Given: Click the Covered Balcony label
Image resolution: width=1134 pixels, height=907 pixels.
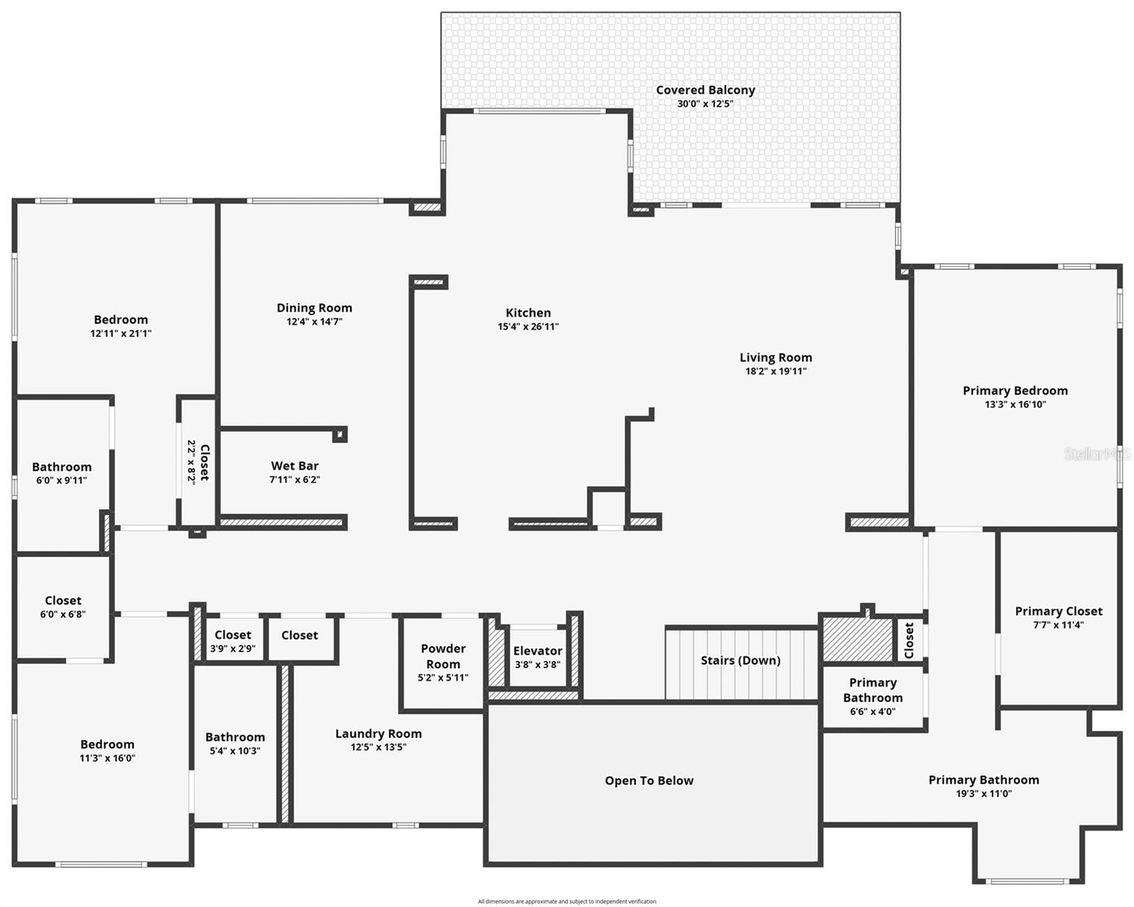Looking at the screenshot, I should pos(705,90).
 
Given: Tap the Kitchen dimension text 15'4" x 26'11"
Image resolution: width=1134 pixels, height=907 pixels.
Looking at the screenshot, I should pos(528,327).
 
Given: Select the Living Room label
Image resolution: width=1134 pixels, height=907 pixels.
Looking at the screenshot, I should pos(776,358).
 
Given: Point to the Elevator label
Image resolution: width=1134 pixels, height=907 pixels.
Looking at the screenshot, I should pos(538,651).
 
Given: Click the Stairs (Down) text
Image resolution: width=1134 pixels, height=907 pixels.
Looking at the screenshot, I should pos(740,661).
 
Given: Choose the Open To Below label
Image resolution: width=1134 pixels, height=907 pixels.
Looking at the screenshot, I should pos(649,781).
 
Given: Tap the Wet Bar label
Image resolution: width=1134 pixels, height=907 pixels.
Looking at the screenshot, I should pos(295,466).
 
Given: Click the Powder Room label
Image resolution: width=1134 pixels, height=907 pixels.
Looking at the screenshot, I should pos(443,656).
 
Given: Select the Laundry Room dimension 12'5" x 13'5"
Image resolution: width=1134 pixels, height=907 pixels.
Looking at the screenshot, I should pos(378,747).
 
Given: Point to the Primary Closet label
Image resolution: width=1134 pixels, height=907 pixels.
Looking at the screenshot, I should pos(1058,611).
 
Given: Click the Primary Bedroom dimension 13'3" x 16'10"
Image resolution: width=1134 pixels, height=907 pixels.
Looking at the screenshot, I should pos(1015,404).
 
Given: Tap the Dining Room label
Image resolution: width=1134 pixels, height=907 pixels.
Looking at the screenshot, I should pos(314,308).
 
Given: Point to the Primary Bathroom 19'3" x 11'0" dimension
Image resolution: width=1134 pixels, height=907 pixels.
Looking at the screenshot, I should pos(984,794).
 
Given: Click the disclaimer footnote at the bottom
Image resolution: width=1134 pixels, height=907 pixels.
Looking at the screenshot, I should pos(567,901).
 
